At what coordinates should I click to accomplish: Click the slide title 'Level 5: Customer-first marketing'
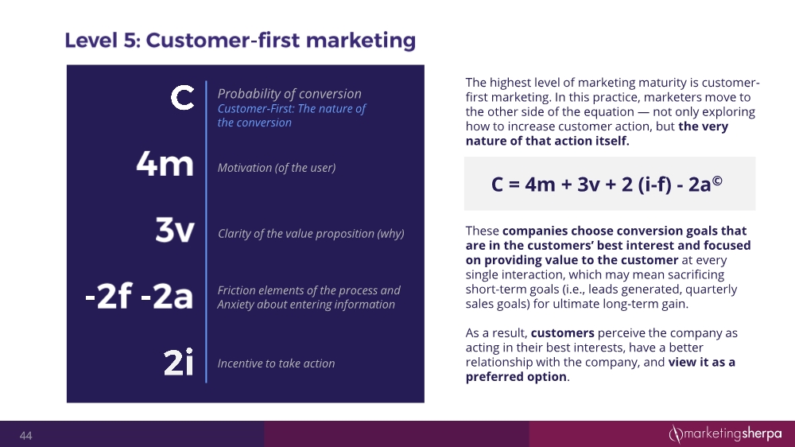[x=240, y=40]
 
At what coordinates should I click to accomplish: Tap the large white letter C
[x=182, y=99]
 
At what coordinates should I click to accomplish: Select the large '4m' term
[x=165, y=165]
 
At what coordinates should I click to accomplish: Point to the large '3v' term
[x=174, y=231]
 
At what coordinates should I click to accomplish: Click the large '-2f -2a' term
[x=139, y=296]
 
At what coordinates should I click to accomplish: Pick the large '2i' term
[x=178, y=363]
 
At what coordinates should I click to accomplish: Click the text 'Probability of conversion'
[x=289, y=94]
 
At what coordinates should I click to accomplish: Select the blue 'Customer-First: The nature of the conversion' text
[x=291, y=115]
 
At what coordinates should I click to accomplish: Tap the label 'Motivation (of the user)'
[x=276, y=168]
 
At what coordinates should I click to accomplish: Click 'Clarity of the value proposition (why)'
[x=311, y=234]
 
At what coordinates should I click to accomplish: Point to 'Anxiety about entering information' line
[x=306, y=305]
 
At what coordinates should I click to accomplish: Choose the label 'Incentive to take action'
[x=276, y=363]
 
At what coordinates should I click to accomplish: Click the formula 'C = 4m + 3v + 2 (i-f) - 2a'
[x=603, y=185]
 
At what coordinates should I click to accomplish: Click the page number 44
[x=26, y=436]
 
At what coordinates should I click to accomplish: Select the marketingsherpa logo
[x=724, y=433]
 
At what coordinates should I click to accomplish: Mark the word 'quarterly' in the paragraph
[x=711, y=290]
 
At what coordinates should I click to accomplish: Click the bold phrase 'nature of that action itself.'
[x=547, y=142]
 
